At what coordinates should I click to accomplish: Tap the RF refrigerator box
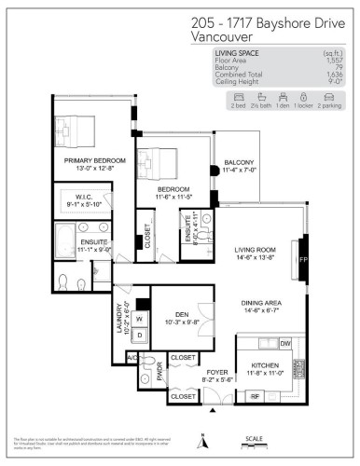pyautogui.click(x=254, y=395)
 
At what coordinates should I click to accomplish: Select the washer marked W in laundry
pyautogui.click(x=141, y=319)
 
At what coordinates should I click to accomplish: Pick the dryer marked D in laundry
pyautogui.click(x=141, y=334)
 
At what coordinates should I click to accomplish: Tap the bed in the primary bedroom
pyautogui.click(x=73, y=131)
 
